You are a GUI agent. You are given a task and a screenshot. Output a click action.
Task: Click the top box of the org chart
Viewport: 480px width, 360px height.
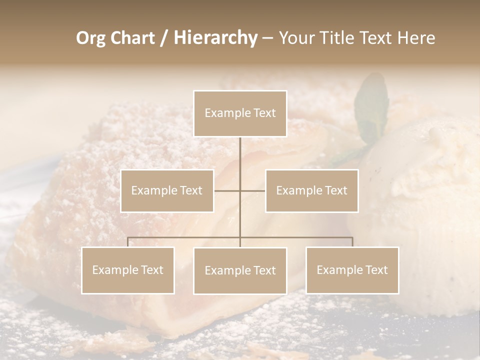click(240, 113)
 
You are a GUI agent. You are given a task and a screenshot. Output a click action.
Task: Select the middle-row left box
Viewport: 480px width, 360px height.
click(167, 190)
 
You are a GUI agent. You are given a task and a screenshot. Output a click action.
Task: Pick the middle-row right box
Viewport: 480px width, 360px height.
click(311, 190)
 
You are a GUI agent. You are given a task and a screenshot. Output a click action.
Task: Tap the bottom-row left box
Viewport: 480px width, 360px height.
click(128, 270)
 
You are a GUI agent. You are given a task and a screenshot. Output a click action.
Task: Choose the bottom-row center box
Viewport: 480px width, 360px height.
click(240, 270)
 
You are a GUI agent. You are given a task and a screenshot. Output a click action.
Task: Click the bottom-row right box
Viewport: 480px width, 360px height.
click(352, 270)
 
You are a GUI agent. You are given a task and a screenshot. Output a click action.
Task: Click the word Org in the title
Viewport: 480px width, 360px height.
click(91, 38)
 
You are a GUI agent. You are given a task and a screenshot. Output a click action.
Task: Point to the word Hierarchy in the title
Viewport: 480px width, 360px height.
click(215, 38)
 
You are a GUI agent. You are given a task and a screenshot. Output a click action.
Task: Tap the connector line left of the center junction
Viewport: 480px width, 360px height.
click(227, 190)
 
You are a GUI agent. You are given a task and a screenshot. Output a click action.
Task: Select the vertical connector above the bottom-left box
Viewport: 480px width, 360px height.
click(128, 242)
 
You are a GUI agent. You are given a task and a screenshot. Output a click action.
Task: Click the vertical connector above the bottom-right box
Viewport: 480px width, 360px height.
click(352, 242)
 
